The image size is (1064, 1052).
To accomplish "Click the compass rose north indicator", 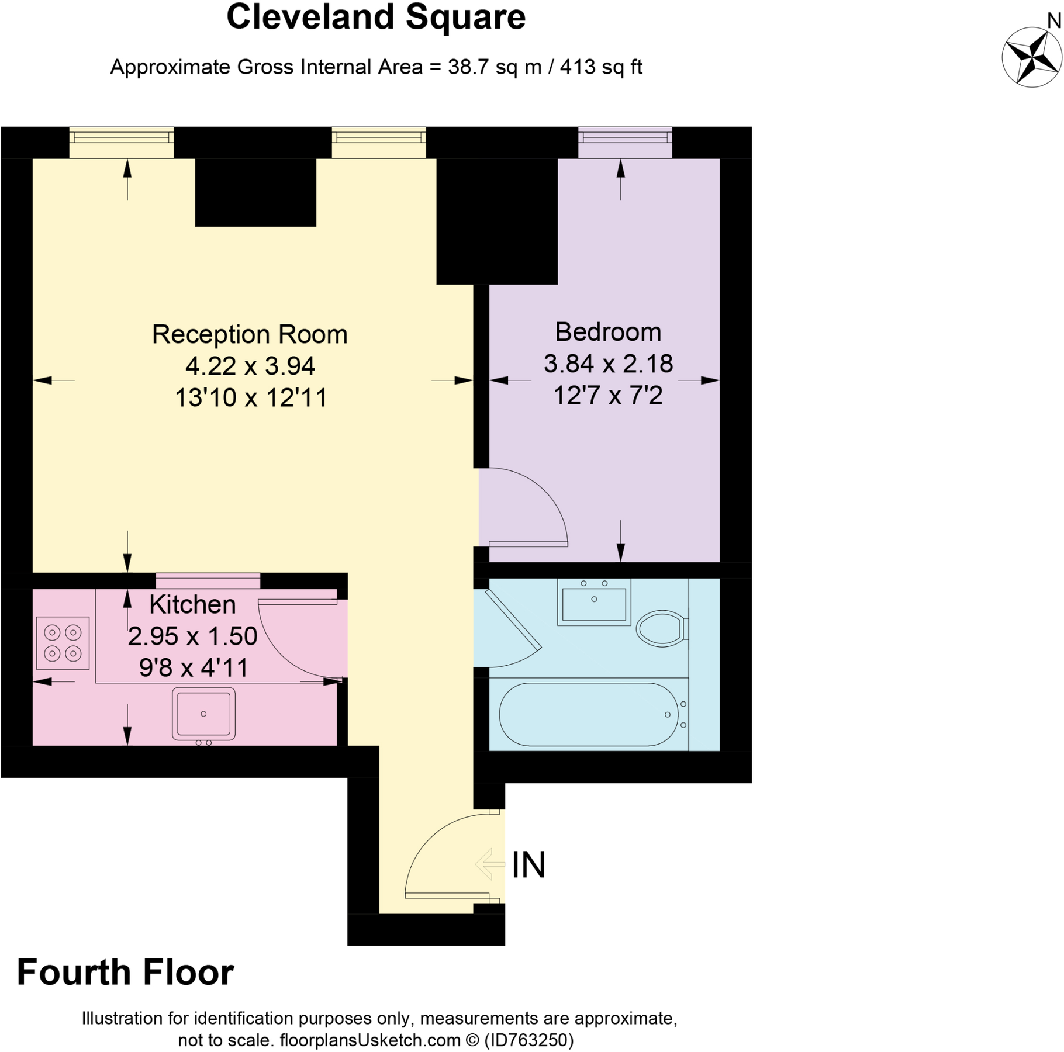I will click(1032, 57).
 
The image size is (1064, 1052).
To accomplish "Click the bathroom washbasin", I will click(594, 603).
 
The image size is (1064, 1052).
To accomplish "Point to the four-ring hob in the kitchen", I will click(63, 642).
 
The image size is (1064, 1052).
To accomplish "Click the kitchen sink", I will click(203, 714).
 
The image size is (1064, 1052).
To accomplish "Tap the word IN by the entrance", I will click(528, 865).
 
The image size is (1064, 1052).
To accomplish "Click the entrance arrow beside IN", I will click(490, 864).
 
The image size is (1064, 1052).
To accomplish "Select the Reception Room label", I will click(250, 334).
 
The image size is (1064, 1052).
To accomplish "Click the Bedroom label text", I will click(608, 332).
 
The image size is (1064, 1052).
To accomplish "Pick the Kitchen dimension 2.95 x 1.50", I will click(192, 636).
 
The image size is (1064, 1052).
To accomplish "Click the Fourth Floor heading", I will click(125, 972).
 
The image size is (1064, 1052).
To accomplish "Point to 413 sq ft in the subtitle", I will click(601, 67).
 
